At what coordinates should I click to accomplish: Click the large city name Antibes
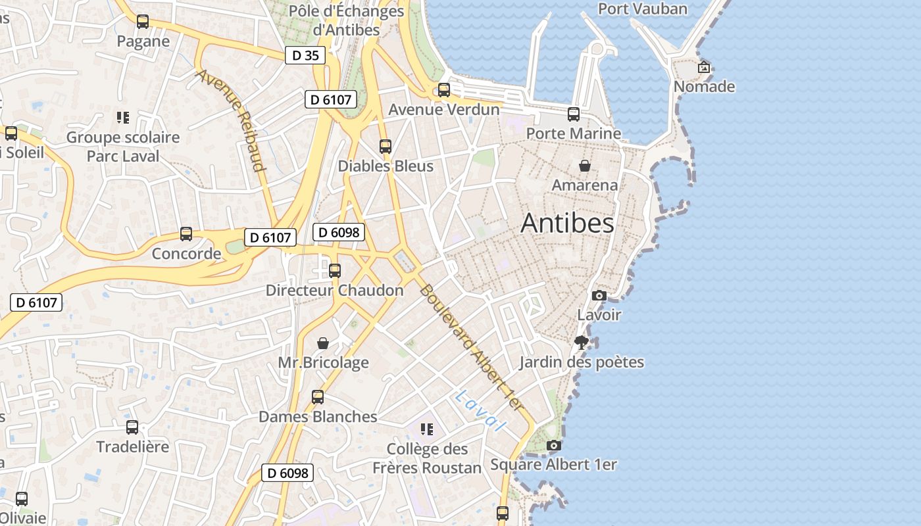(567, 223)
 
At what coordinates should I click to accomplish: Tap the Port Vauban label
(642, 9)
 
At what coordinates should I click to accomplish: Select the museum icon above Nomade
(703, 67)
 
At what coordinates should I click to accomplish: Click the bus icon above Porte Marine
(574, 114)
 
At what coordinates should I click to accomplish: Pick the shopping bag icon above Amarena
(584, 166)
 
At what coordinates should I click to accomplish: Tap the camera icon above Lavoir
(599, 296)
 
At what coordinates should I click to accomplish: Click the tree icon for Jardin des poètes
(581, 342)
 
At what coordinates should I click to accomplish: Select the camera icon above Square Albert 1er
(554, 446)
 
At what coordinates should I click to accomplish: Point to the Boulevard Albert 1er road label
(473, 348)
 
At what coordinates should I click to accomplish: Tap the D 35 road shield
(306, 55)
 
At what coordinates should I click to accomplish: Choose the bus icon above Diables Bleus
(386, 147)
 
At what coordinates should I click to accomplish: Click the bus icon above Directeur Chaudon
(335, 270)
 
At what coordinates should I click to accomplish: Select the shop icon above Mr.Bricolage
(323, 343)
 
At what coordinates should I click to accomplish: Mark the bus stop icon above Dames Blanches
(318, 397)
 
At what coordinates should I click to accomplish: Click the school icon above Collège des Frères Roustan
(427, 429)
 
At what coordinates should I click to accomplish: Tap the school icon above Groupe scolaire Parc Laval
(123, 118)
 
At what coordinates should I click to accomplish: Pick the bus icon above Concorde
(186, 234)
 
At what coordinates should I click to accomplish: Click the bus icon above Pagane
(143, 22)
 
